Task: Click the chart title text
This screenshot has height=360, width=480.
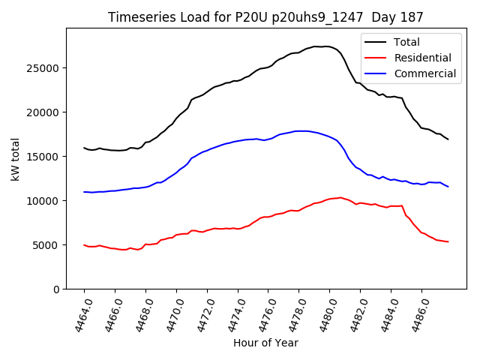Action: pos(265,16)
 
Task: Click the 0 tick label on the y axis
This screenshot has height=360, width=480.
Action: pos(57,289)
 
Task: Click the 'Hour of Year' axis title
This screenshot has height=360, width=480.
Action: pos(265,343)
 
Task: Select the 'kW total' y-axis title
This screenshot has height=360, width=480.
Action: pos(16,158)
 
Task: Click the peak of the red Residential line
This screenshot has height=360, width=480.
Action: pos(340,197)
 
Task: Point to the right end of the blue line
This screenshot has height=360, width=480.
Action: pos(448,187)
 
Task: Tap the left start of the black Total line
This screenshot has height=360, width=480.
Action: pos(84,148)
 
